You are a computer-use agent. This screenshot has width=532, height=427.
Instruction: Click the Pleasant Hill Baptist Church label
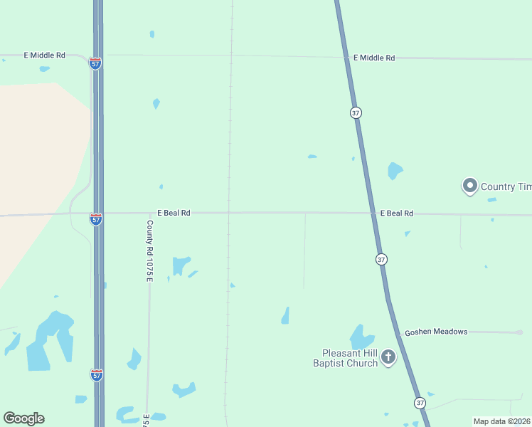pos(350,358)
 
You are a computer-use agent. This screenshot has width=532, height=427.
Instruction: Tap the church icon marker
pos(388,357)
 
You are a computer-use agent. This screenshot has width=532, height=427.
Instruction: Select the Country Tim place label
pos(506,186)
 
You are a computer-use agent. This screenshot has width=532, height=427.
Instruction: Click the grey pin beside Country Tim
pos(469,186)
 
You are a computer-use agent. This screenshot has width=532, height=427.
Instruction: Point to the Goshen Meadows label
pos(436,332)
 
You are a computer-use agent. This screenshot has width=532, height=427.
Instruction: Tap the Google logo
pos(23,418)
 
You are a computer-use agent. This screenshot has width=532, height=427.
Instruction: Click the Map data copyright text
pos(501,421)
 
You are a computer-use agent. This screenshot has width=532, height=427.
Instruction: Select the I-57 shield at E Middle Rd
pos(95,63)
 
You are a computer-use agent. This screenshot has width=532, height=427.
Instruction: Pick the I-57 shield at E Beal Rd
pos(96,219)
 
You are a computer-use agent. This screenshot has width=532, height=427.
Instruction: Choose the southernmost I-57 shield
pos(96,374)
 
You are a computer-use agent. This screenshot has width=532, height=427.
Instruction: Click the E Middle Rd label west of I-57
pos(45,55)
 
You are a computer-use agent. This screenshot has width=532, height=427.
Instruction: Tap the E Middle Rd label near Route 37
pos(373,58)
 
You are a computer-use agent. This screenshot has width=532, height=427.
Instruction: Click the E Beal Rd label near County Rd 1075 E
pos(174,213)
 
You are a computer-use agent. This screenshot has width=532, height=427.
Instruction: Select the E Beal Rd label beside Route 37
pos(396,213)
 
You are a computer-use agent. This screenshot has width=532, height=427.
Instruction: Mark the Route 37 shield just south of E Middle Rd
pos(356,112)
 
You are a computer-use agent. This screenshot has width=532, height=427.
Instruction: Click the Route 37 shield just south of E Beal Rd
pos(381,260)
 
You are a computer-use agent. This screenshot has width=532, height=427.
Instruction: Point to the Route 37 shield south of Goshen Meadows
pos(420,403)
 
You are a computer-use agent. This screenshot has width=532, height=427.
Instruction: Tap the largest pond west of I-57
pos(51,340)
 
